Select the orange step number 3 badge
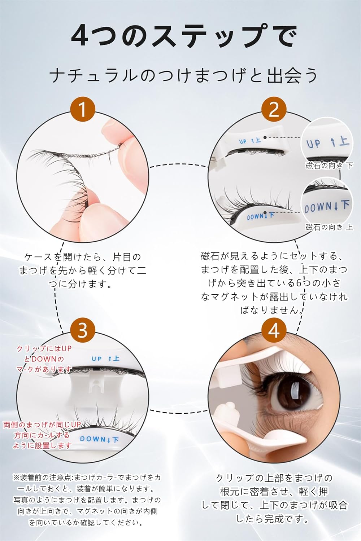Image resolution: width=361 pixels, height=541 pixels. pos(82,330)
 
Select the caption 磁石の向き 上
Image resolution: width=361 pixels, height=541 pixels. pos(329,227)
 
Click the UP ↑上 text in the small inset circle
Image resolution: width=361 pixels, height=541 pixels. pos(327,142)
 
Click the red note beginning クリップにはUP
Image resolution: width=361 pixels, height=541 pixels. pos(43,359)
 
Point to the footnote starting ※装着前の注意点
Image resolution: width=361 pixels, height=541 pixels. pos(87,500)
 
